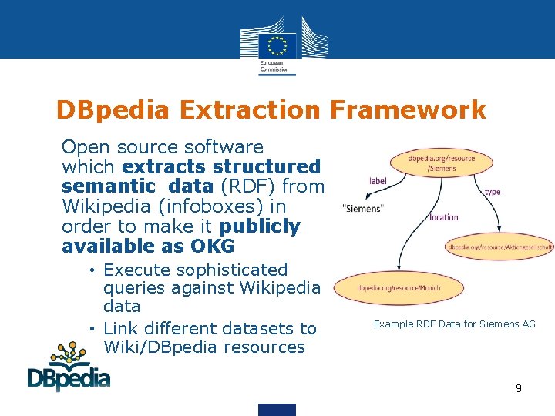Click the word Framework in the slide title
pos(408,110)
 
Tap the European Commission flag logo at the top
pos(277,43)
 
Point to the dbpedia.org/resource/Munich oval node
pos(399,289)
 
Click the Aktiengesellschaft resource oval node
pos(499,247)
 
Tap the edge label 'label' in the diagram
pos(378,180)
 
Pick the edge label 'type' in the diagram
pos(493,191)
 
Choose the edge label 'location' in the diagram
pos(444,217)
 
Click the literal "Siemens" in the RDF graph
pos(363,209)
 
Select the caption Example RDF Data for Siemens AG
pos(454,324)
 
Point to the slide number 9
pos(519,388)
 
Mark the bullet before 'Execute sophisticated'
pos(91,270)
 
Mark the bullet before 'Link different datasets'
pos(91,329)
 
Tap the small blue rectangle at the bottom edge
pos(277,409)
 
